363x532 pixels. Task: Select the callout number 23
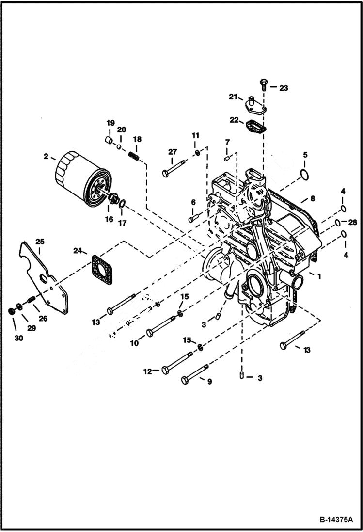(283, 88)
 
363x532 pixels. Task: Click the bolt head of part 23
(263, 83)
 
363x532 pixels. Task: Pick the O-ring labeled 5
(304, 175)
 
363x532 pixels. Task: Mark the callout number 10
(134, 343)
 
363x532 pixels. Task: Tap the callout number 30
(18, 338)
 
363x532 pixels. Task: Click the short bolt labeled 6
(194, 218)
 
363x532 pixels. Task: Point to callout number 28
(352, 222)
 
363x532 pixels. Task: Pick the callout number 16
(109, 219)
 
